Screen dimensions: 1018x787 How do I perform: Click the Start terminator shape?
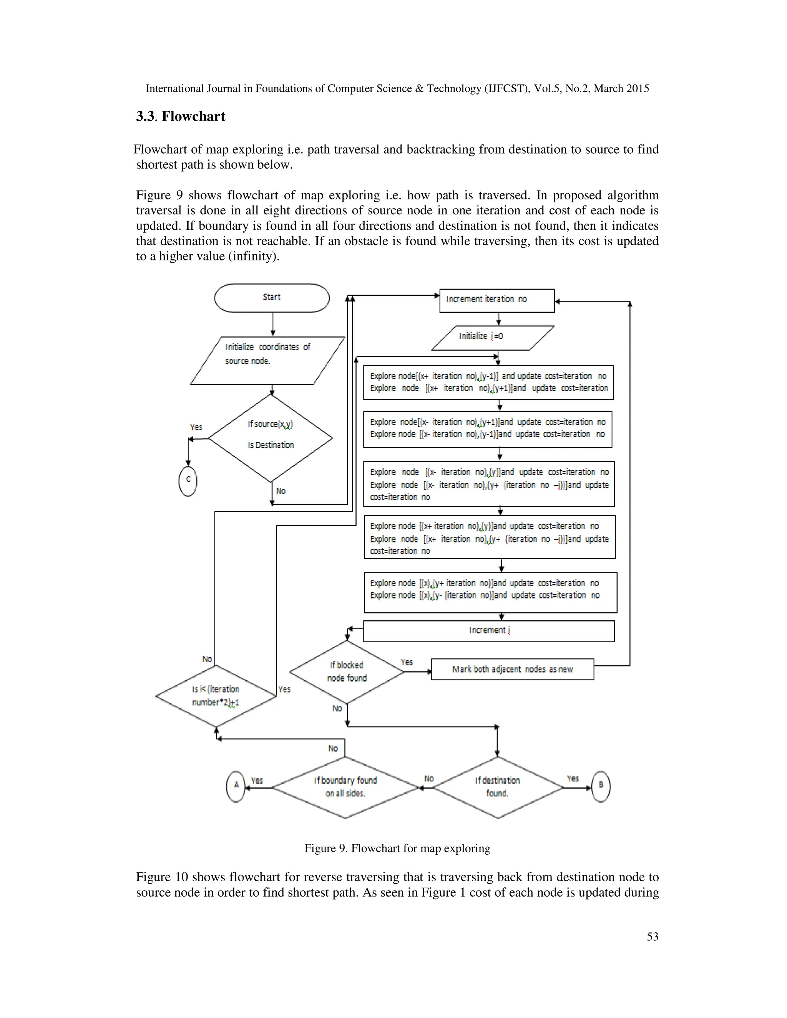point(272,297)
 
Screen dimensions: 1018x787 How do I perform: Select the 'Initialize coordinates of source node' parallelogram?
point(267,360)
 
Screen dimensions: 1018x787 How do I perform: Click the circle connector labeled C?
point(188,481)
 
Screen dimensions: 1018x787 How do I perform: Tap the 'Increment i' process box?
point(489,631)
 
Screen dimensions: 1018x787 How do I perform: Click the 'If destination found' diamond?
point(498,787)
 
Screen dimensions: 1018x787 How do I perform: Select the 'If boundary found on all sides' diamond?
point(345,787)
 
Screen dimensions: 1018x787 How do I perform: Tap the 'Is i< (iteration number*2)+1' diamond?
point(216,696)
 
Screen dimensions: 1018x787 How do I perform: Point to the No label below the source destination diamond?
point(281,491)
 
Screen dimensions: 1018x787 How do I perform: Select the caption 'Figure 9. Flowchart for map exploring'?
point(397,848)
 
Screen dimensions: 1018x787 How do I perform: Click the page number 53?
point(652,937)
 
